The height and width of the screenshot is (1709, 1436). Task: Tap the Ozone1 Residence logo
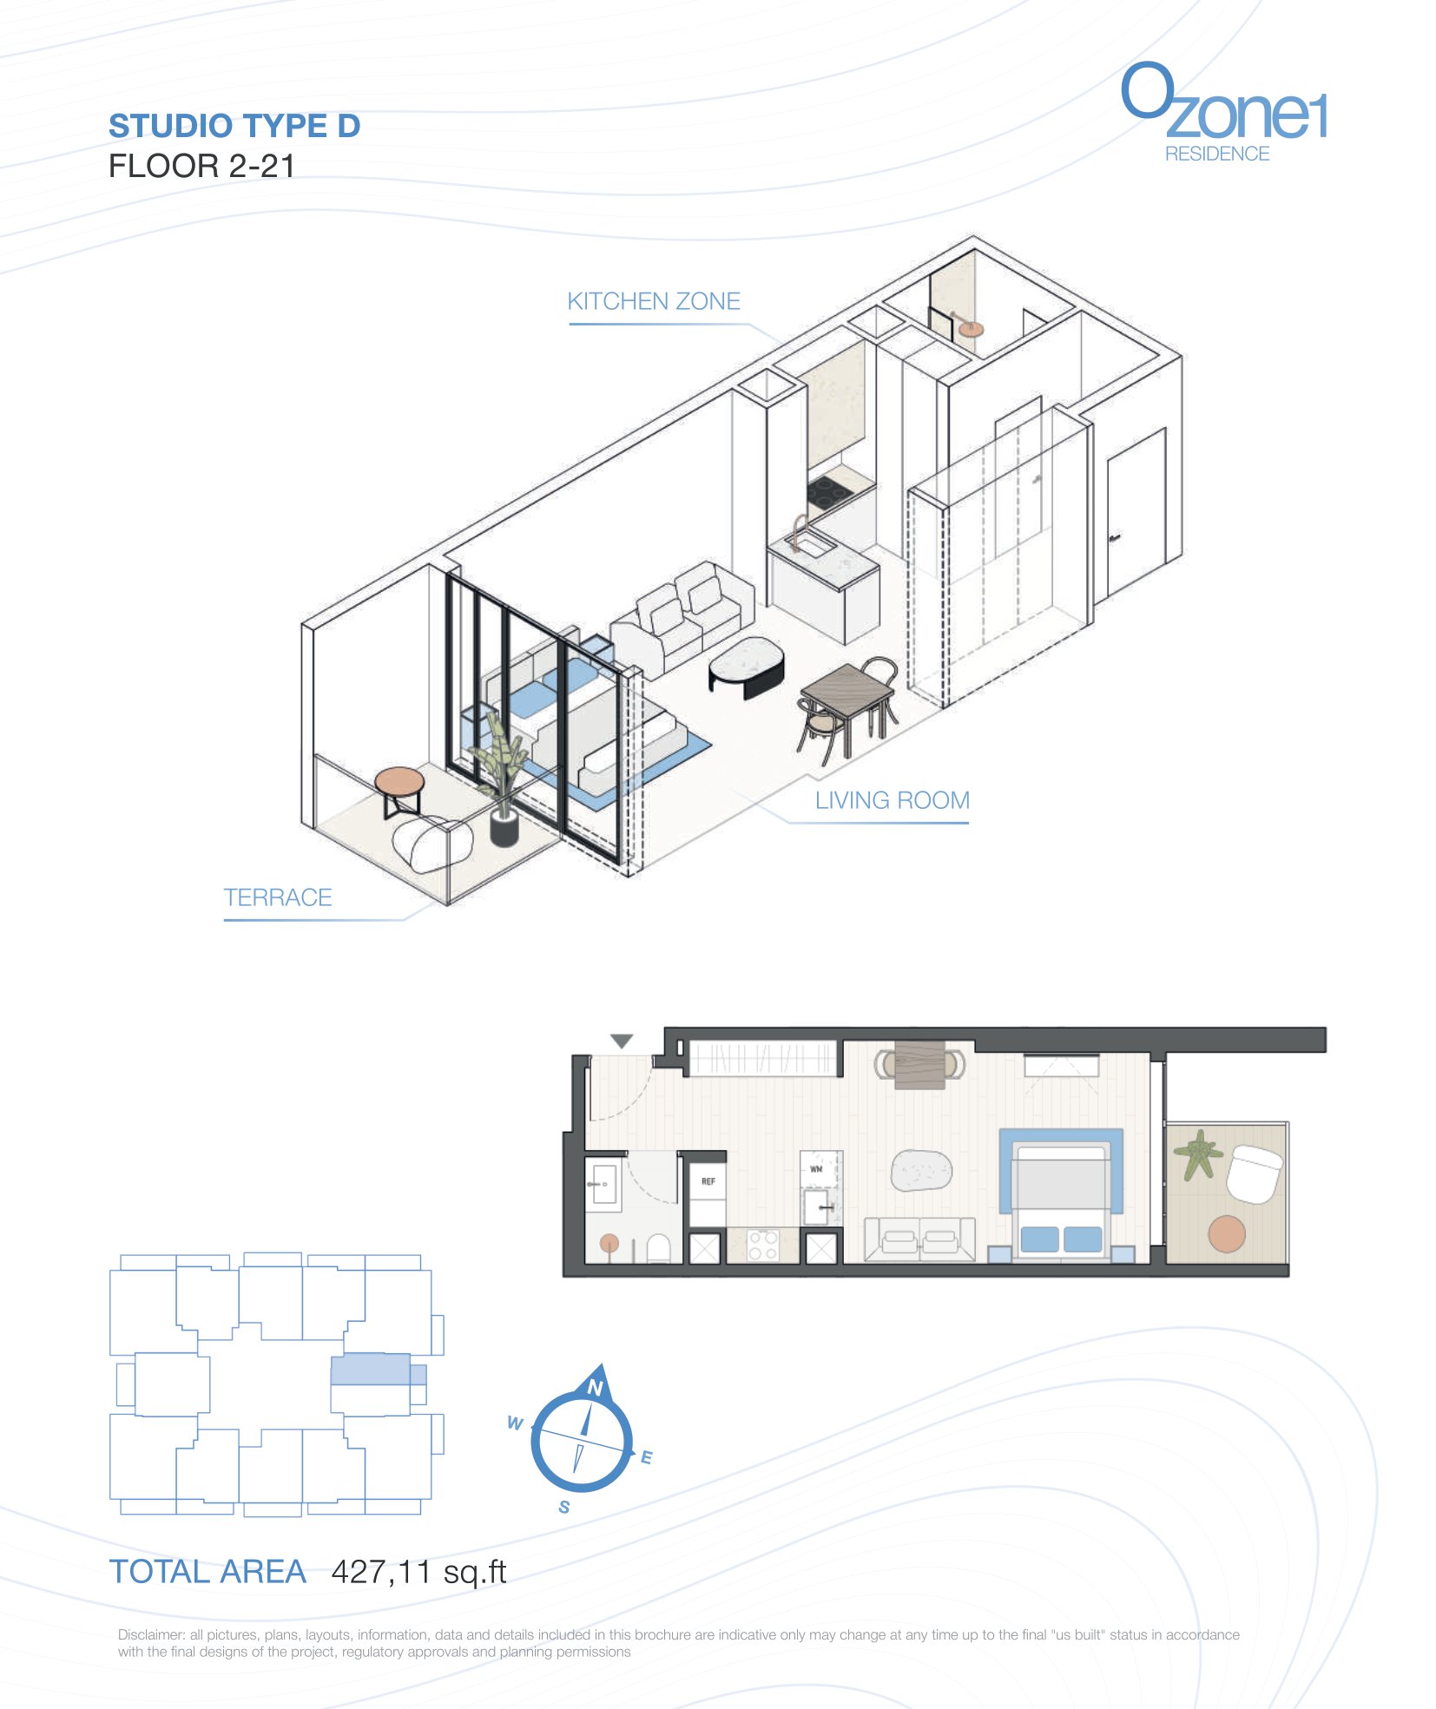click(x=1223, y=112)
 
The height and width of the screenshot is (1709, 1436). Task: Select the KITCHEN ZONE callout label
click(x=654, y=301)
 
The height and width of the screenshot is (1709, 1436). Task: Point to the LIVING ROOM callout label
click(x=892, y=800)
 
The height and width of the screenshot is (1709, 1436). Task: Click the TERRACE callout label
click(x=278, y=897)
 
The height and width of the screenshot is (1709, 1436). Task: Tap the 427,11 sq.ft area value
click(x=418, y=1572)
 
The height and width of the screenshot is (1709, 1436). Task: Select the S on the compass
click(x=564, y=1507)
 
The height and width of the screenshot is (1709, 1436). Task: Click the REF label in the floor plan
click(x=708, y=1181)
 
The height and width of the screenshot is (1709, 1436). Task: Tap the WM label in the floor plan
click(x=816, y=1169)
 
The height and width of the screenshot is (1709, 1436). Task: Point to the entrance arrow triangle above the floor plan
click(x=622, y=1041)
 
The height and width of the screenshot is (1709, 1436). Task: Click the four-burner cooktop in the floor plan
click(x=762, y=1246)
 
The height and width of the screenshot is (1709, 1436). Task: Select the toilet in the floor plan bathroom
click(x=659, y=1248)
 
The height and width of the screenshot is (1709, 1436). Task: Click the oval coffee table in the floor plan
click(x=921, y=1171)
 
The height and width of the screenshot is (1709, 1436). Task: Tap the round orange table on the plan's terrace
click(x=1227, y=1233)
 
